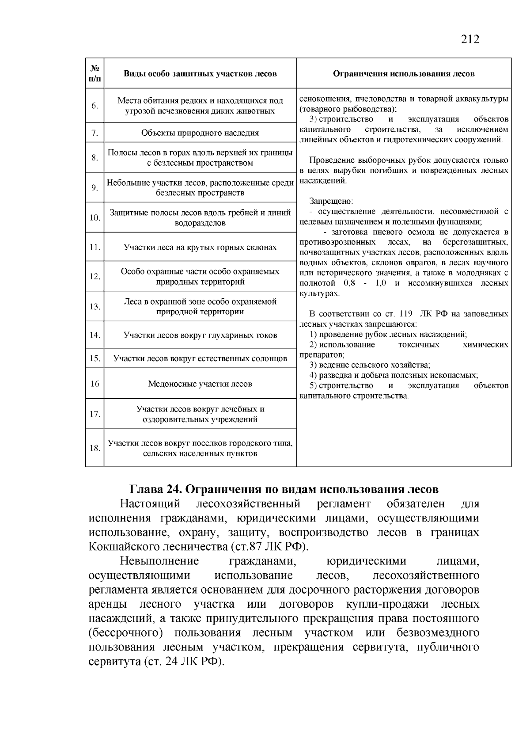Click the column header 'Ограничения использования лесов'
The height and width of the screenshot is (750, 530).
403,74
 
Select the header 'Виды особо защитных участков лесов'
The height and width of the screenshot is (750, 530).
200,74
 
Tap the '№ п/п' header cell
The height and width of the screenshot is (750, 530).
95,74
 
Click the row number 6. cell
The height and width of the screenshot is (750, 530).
95,106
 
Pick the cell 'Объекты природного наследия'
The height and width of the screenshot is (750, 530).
200,133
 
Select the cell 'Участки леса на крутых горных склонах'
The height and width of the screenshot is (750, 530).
200,247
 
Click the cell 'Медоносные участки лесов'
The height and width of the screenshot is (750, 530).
200,384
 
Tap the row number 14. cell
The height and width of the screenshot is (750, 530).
95,335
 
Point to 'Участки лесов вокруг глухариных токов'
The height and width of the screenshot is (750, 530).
200,335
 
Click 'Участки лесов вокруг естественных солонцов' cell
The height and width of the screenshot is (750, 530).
200,358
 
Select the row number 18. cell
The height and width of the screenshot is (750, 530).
95,448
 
